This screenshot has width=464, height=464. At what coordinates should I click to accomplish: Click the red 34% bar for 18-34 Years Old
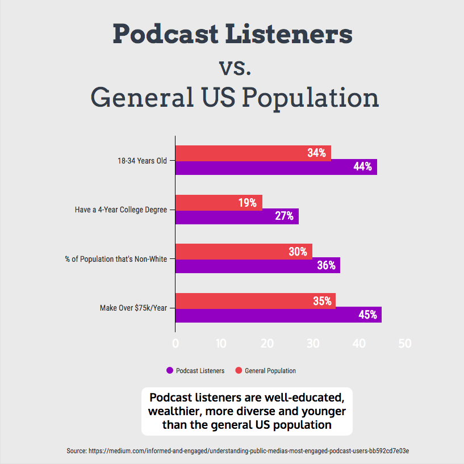(x=253, y=153)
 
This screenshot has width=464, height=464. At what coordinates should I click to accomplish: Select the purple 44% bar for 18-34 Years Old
(x=276, y=167)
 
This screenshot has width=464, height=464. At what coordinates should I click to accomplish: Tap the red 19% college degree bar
(x=219, y=202)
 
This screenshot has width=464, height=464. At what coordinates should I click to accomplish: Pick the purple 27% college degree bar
(x=237, y=216)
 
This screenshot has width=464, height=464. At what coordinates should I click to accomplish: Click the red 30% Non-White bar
(x=244, y=252)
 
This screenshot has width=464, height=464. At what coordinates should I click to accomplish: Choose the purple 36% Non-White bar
(x=257, y=266)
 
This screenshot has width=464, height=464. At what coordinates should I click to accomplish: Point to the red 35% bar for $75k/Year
(x=255, y=301)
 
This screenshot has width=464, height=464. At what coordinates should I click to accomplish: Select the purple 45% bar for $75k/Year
(x=278, y=315)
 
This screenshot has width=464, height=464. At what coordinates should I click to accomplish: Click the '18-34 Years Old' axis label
(x=142, y=161)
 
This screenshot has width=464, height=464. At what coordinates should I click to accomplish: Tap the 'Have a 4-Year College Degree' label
(x=121, y=210)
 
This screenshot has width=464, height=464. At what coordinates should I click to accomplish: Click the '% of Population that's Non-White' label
(x=116, y=259)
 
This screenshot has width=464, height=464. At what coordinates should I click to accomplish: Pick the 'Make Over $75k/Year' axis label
(x=133, y=308)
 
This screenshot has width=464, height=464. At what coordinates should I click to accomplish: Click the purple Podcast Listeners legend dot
(x=169, y=371)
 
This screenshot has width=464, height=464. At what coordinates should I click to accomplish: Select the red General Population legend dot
(x=239, y=371)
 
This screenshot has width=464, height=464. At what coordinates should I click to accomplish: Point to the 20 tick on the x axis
(x=267, y=344)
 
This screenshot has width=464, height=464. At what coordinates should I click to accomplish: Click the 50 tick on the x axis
(x=404, y=344)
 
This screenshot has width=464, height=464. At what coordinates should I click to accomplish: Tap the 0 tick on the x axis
(x=175, y=344)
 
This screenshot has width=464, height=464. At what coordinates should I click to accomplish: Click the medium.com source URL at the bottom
(x=249, y=450)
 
